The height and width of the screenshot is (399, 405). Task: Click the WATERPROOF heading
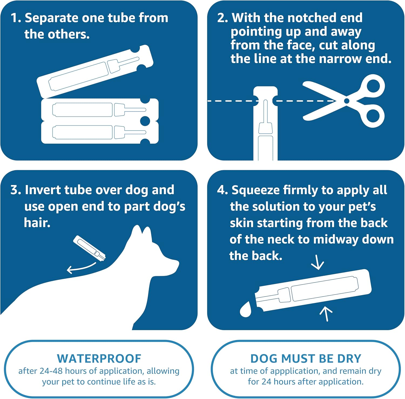pyautogui.click(x=99, y=359)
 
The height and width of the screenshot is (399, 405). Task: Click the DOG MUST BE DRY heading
pyautogui.click(x=306, y=359)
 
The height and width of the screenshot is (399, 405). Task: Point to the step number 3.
pyautogui.click(x=15, y=190)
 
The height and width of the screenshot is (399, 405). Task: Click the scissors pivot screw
pyautogui.click(x=347, y=101)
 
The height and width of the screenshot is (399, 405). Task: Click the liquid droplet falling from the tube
pyautogui.click(x=246, y=309)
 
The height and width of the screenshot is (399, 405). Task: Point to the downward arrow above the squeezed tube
pyautogui.click(x=318, y=262)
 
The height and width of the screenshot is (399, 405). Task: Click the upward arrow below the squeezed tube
pyautogui.click(x=326, y=314)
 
